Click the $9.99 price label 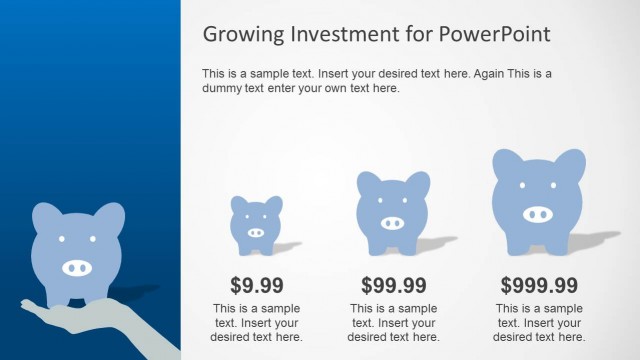click(x=257, y=285)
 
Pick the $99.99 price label click(x=394, y=285)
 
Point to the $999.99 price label click(x=539, y=285)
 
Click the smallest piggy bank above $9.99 click(x=256, y=222)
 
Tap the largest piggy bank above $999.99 click(x=538, y=200)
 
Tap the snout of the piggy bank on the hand click(x=77, y=267)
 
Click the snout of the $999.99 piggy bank click(x=538, y=214)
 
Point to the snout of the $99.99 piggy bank click(x=392, y=223)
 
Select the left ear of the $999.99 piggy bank click(x=505, y=163)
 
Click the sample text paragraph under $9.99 click(x=257, y=322)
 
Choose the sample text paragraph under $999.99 click(x=539, y=322)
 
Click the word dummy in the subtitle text click(x=222, y=88)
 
